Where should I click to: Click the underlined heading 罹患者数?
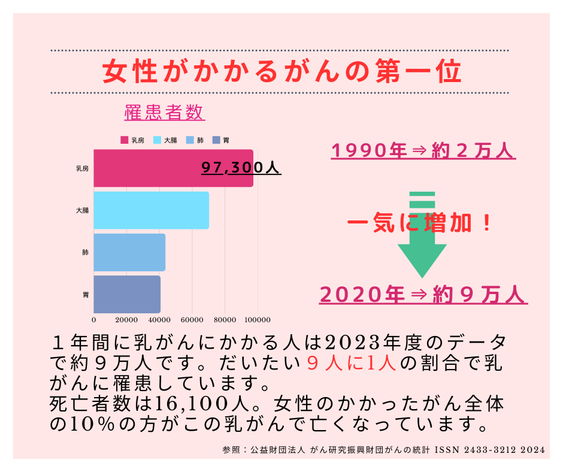(164, 112)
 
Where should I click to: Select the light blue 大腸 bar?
(151, 210)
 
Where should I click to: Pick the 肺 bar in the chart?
(129, 252)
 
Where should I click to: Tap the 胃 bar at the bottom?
(127, 294)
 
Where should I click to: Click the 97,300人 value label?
(241, 168)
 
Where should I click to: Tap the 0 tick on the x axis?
(94, 319)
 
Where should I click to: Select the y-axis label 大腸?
(82, 210)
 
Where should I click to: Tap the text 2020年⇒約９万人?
(423, 295)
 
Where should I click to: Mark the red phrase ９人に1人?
(352, 363)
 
